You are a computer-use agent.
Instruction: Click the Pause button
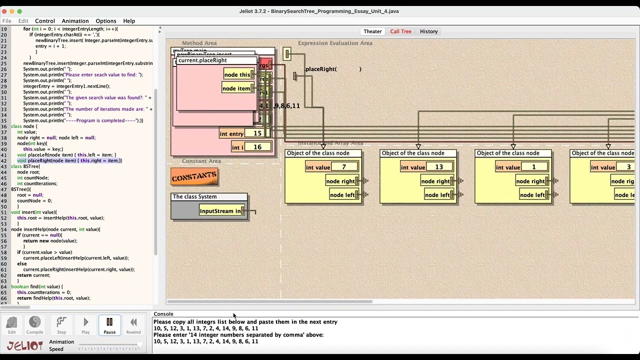[109, 325]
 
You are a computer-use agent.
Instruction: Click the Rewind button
[133, 325]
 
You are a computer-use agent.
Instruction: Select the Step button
[61, 325]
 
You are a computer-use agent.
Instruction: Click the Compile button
[34, 325]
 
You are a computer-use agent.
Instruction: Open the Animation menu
[75, 21]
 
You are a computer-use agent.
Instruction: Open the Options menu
[105, 21]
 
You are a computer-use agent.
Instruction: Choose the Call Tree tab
[400, 31]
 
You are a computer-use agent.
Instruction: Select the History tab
[428, 31]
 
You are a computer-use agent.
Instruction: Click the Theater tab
[372, 31]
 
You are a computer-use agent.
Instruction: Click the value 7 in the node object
[344, 167]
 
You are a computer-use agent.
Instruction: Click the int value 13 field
[439, 167]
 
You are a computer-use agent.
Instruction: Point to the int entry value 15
[257, 133]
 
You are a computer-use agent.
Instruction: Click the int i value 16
[257, 147]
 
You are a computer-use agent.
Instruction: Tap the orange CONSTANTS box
[194, 176]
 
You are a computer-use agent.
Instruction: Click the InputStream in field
[220, 211]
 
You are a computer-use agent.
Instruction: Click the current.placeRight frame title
[202, 60]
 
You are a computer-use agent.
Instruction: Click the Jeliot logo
[24, 345]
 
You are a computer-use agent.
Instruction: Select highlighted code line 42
[70, 160]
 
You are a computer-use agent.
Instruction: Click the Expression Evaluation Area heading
[335, 43]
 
